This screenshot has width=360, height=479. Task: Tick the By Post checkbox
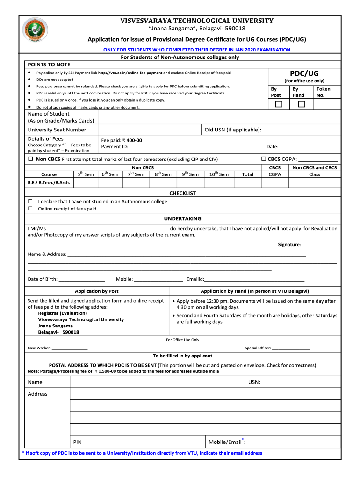pos(279,104)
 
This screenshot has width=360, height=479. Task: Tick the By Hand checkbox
pos(302,104)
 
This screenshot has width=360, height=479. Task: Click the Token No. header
pos(323,92)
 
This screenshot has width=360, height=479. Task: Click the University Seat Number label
pos(57,130)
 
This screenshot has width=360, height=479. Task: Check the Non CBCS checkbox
pos(30,159)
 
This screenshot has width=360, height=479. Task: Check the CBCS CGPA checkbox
pos(264,159)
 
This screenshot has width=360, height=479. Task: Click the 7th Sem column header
pos(136,174)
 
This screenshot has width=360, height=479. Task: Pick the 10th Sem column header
pos(219,174)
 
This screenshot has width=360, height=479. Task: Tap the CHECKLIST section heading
pos(182,193)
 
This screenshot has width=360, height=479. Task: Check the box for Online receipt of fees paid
pos(30,209)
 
